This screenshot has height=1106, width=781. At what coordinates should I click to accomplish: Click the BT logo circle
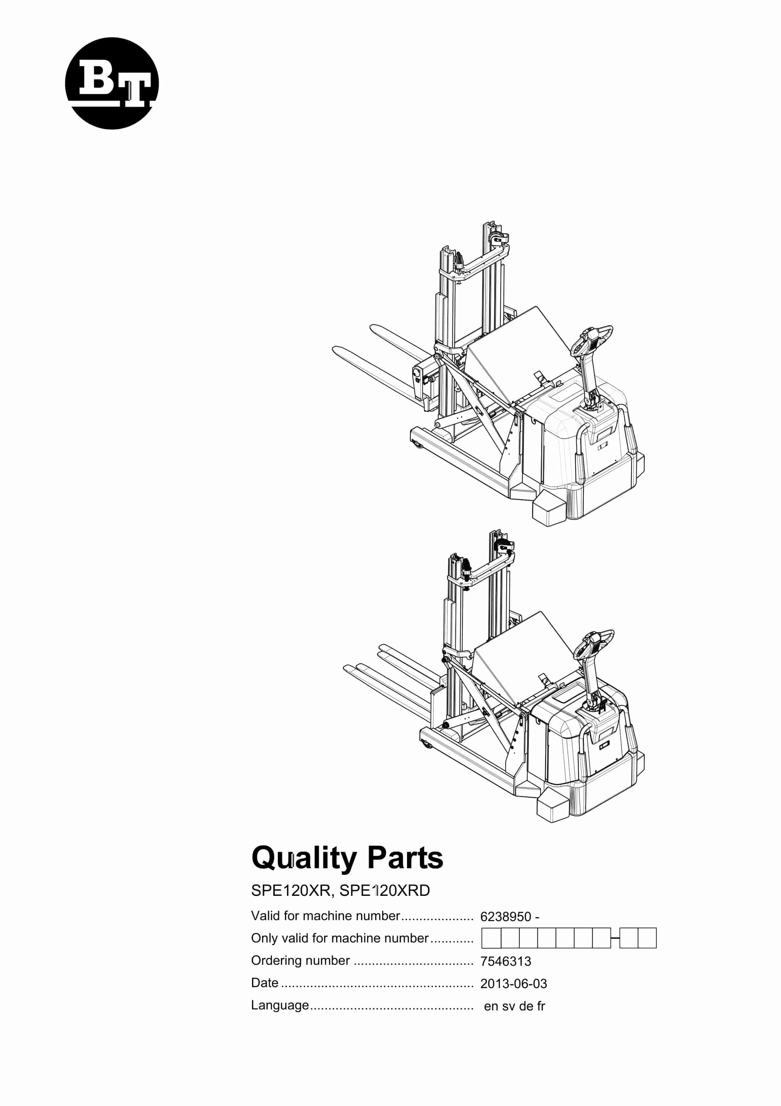tap(112, 83)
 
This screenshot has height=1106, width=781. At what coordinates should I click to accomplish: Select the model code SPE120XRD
tap(384, 891)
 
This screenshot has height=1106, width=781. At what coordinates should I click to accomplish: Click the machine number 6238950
tap(506, 917)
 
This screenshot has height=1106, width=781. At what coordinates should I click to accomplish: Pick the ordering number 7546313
tap(506, 962)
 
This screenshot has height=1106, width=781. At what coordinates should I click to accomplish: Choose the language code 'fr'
tap(541, 1006)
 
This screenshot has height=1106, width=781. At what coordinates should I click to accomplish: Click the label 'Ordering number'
tap(301, 961)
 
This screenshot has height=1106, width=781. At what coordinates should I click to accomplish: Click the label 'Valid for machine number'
tap(326, 916)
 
